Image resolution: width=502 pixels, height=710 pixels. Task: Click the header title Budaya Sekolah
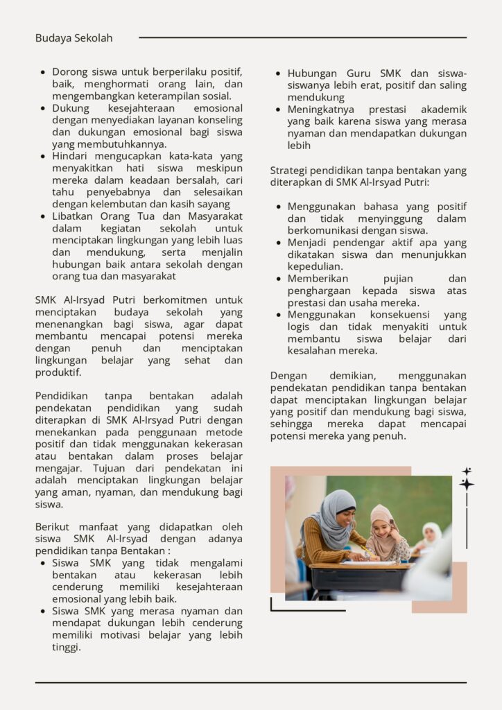73,38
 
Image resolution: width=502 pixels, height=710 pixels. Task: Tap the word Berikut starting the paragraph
54,527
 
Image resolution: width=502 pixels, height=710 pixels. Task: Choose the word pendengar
351,243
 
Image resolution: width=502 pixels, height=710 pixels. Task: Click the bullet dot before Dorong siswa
44,72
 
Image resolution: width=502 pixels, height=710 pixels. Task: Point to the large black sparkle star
467,483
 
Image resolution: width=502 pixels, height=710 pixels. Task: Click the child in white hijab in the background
431,534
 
